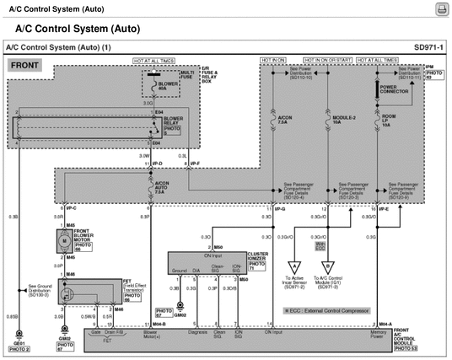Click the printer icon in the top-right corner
pos(439,8)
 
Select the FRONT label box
pos(25,64)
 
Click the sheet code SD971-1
pos(428,47)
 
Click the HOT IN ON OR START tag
pos(329,61)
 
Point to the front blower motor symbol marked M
pos(62,241)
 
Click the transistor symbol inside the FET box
pos(64,287)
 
